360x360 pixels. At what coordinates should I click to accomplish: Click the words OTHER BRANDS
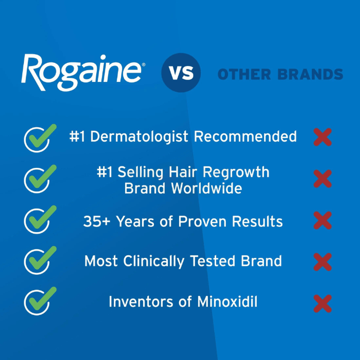tap(280, 75)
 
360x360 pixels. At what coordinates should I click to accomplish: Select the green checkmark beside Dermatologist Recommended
tap(39, 138)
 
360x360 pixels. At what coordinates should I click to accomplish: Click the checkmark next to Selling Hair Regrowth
tap(39, 179)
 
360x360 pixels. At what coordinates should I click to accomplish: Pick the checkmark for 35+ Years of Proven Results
tap(39, 220)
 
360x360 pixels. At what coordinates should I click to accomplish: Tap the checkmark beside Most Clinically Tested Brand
tap(39, 260)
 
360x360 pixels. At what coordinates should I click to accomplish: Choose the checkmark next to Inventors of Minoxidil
tap(39, 301)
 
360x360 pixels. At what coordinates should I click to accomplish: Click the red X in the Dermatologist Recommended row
tap(323, 137)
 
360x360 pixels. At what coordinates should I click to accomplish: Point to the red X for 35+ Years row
tap(323, 220)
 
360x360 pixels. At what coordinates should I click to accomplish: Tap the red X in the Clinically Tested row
tap(323, 262)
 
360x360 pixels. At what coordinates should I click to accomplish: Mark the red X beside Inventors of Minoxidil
tap(323, 303)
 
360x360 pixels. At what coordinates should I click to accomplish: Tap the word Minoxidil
tap(228, 302)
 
